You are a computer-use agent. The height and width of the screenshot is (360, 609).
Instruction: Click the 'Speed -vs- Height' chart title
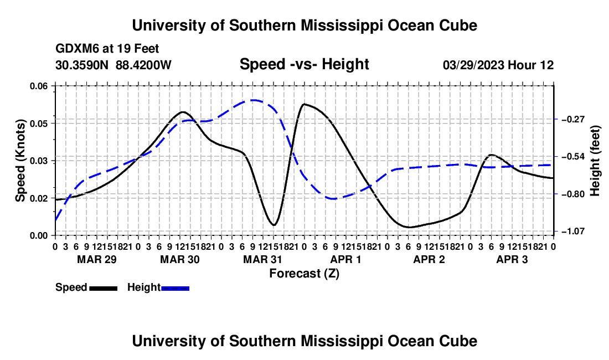[x=304, y=64]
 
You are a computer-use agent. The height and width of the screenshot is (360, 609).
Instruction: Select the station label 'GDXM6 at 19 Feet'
[x=107, y=49]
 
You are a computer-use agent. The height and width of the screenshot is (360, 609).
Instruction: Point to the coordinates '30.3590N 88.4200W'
[x=113, y=65]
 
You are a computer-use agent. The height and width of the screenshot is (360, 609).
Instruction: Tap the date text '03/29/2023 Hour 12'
[x=498, y=65]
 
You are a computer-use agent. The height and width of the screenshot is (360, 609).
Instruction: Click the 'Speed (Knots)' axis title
[x=20, y=161]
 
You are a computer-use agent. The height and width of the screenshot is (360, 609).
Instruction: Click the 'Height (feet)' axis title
[x=595, y=161]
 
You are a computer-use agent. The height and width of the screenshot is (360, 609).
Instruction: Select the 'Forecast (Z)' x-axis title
[x=304, y=274]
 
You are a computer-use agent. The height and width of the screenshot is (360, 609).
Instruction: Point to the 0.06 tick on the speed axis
[x=39, y=86]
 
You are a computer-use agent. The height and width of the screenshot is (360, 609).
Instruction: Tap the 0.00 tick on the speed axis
[x=39, y=235]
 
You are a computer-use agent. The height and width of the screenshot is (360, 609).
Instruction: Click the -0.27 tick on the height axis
[x=573, y=119]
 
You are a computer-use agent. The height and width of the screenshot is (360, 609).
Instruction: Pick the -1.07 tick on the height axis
[x=573, y=232]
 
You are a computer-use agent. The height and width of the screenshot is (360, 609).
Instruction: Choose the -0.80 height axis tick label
[x=573, y=194]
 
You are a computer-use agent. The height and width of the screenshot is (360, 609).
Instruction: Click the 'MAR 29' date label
[x=97, y=259]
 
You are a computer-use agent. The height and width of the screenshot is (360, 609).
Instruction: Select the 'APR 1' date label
[x=345, y=259]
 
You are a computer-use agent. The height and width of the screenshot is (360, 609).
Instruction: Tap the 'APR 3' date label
[x=512, y=259]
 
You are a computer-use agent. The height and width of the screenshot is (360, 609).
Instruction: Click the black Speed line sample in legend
[x=104, y=288]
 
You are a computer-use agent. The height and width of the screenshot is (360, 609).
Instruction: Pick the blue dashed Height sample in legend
[x=175, y=288]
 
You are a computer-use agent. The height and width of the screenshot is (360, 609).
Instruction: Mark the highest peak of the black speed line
[x=304, y=104]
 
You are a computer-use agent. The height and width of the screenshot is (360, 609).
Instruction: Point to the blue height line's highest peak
[x=253, y=100]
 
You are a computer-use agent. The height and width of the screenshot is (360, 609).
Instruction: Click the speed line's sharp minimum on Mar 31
[x=274, y=225]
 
